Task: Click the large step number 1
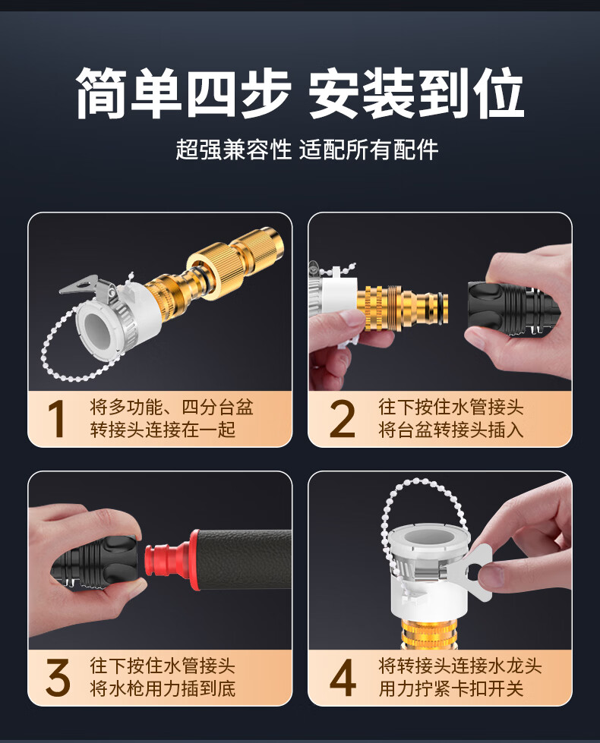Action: click(57, 418)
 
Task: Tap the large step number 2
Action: click(342, 418)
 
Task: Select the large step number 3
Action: click(58, 677)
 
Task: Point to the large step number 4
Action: click(343, 677)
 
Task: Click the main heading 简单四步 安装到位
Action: click(300, 93)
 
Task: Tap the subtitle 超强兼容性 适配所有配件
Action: click(307, 150)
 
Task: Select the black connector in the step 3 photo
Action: click(96, 562)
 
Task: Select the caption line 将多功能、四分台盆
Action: click(172, 407)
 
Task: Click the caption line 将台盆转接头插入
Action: click(451, 430)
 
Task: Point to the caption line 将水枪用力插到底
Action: click(163, 688)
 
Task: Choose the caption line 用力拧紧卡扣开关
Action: click(451, 688)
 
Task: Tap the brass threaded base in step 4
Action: click(426, 633)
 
